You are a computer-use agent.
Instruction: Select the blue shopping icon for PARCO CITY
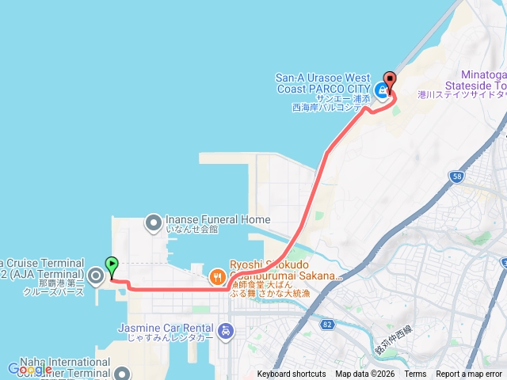[382, 90]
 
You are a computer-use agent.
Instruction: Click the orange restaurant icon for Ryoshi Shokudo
[216, 277]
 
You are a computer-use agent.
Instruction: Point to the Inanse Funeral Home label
[218, 219]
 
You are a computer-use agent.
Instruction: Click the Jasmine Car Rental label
[167, 327]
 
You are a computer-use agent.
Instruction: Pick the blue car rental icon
[227, 330]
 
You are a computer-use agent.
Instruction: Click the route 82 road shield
[328, 324]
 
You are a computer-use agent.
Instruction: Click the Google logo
[29, 369]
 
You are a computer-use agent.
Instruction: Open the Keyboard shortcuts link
[291, 374]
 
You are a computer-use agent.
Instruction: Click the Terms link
[415, 374]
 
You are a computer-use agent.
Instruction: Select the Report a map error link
[469, 374]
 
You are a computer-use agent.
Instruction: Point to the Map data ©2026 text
[364, 374]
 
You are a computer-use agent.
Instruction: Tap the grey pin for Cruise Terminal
[96, 276]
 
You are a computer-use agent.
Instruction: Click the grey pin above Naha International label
[123, 372]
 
